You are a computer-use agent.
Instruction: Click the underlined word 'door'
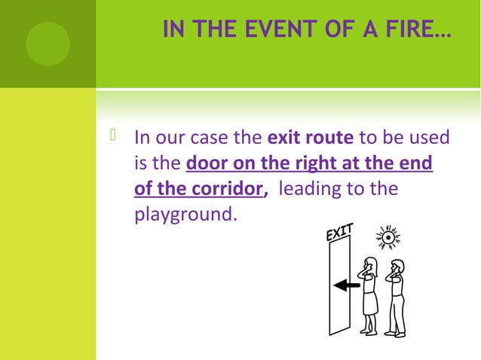[x=205, y=163]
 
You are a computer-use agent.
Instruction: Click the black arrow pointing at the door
[x=346, y=285]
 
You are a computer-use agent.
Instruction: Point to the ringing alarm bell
[x=388, y=237]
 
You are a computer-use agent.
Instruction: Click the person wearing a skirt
[x=369, y=294]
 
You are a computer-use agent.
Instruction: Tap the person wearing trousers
[x=396, y=297]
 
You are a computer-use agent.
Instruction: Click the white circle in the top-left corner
[x=47, y=43]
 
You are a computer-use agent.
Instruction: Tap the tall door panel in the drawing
[x=339, y=286]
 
